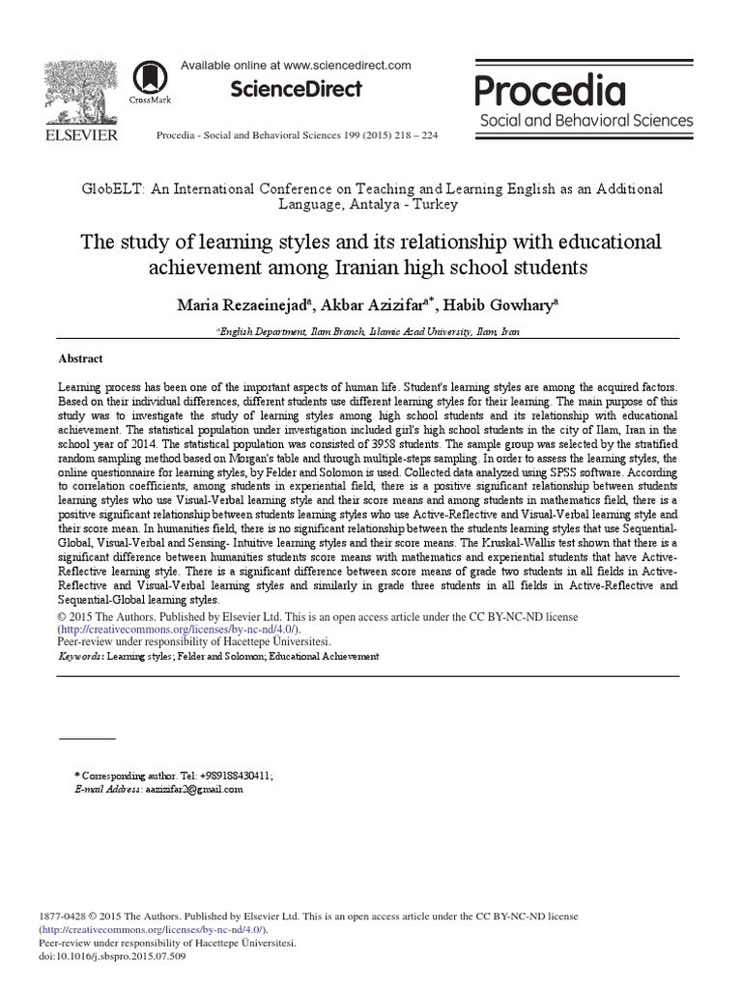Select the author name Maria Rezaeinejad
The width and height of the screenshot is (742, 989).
[x=243, y=306]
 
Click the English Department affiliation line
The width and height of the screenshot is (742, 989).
[x=370, y=330]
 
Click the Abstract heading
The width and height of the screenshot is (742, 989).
[x=81, y=358]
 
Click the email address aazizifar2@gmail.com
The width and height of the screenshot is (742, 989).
[x=193, y=789]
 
